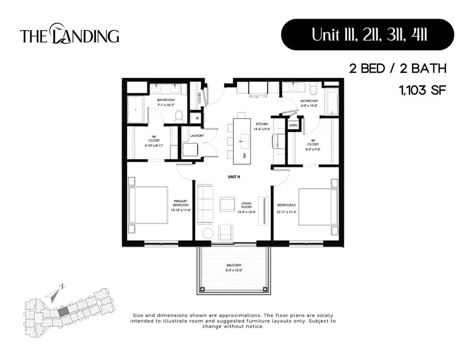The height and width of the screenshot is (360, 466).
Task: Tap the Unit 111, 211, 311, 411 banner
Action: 367,35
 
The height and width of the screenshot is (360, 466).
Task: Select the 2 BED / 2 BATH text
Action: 397,69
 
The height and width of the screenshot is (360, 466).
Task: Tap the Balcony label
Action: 234,268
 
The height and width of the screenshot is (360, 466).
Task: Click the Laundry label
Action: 197,136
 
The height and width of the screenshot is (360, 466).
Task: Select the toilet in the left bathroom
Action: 179,116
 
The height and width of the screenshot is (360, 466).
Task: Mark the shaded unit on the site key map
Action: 62,311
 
